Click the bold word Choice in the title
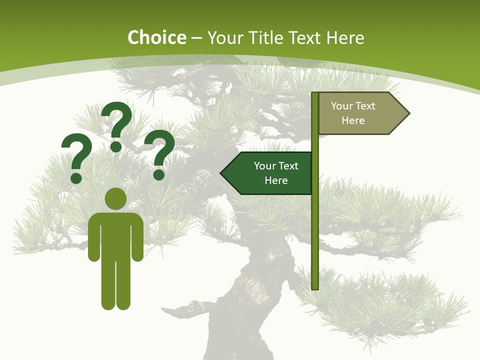coord(156,38)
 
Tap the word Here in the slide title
coord(345,38)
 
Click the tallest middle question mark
coord(116,126)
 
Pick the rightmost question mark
coord(159,154)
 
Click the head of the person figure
coord(115,198)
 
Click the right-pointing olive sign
coord(360,113)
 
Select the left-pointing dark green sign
coord(270,173)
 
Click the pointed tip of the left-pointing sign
coord(222,173)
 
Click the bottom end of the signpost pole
coord(315,287)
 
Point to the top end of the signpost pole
coord(315,94)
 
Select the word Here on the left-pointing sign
coord(276,180)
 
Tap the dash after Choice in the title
coord(196,38)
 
